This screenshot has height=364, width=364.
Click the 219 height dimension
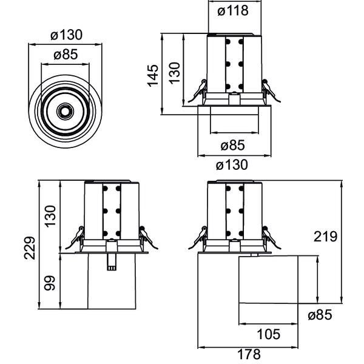[325, 237]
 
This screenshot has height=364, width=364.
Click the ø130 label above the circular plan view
[66, 35]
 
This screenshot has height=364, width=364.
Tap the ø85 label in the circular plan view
[66, 55]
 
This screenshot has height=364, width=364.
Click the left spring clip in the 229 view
[74, 237]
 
